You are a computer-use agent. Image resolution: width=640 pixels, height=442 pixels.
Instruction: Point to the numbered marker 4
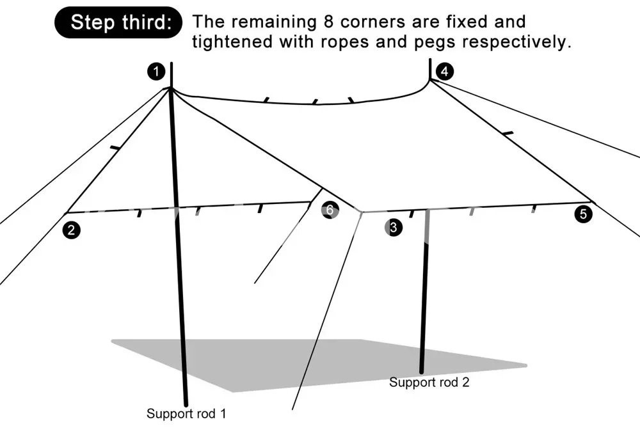click(x=443, y=70)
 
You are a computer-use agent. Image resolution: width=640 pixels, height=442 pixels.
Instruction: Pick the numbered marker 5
click(x=583, y=214)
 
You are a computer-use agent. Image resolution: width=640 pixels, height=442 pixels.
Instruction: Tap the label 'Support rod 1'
click(x=186, y=413)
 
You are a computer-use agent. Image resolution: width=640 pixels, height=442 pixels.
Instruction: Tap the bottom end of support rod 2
click(x=422, y=370)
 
